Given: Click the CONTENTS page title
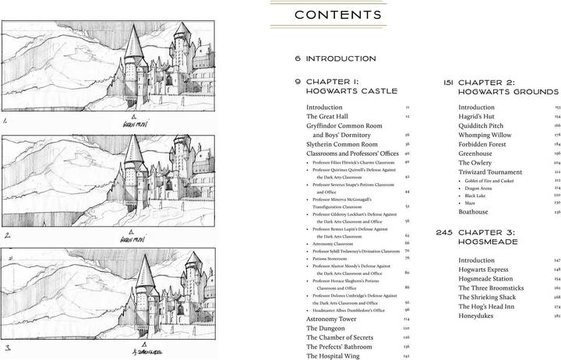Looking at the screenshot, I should click(x=338, y=16).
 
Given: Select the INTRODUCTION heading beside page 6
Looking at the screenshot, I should click(x=340, y=58).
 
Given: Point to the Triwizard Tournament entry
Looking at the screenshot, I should click(x=495, y=171).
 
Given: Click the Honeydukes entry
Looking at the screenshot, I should click(x=481, y=316).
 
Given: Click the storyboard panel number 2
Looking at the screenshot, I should click(x=6, y=234).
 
